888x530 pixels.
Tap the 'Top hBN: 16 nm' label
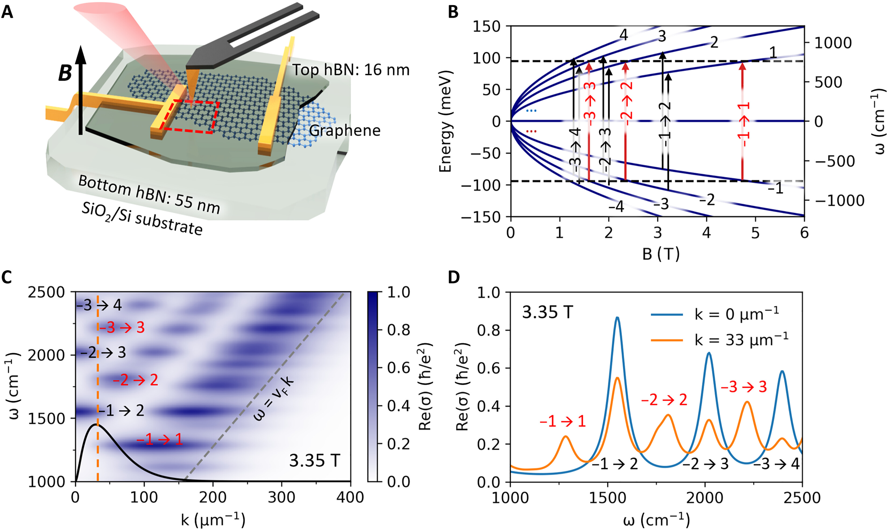pyautogui.click(x=351, y=70)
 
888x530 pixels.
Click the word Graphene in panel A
pyautogui.click(x=344, y=131)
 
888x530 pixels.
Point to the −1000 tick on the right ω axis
pyautogui.click(x=839, y=201)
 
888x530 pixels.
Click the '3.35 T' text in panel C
pyautogui.click(x=314, y=461)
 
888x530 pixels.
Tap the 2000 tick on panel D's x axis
pyautogui.click(x=705, y=497)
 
